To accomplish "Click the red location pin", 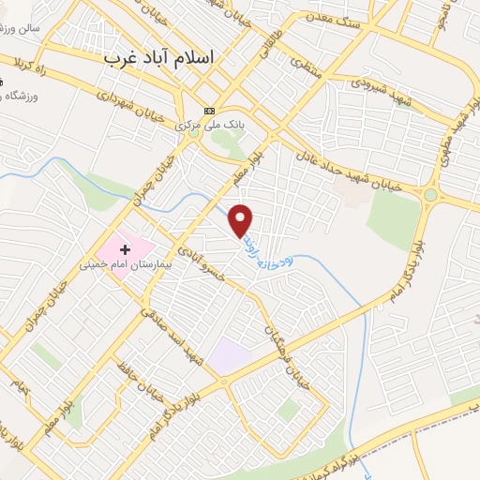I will coord(242,219).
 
